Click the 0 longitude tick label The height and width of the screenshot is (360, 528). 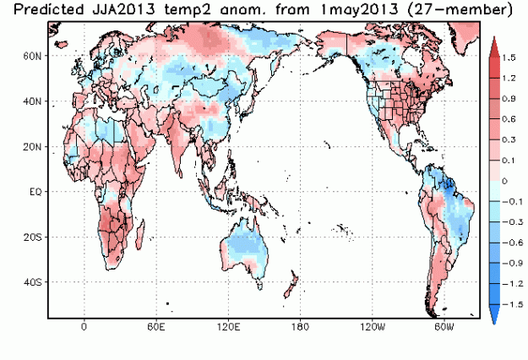click(84, 325)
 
